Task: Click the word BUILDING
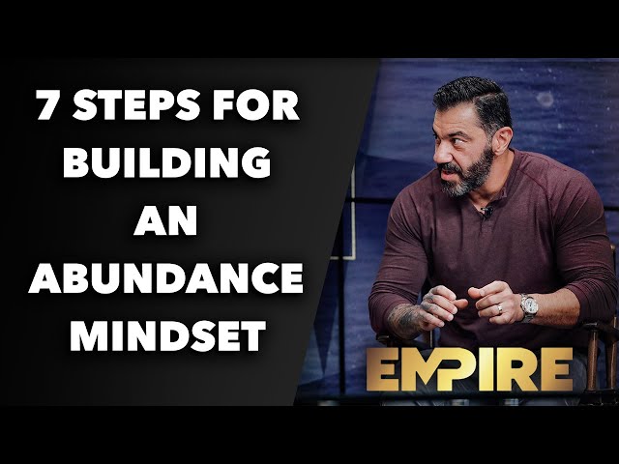tap(167, 162)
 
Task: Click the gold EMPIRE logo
tap(470, 369)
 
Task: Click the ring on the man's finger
tap(500, 308)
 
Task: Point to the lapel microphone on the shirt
tap(487, 211)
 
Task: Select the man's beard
tap(468, 174)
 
